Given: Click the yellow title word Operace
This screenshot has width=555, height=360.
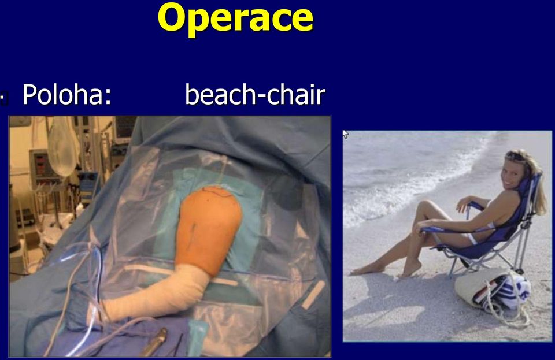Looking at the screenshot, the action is pyautogui.click(x=235, y=18).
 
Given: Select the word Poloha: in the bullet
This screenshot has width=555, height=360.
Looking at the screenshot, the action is pyautogui.click(x=67, y=95).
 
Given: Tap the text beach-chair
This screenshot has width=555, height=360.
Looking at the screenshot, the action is pyautogui.click(x=255, y=95).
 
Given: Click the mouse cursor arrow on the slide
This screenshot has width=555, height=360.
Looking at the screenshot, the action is pyautogui.click(x=346, y=135).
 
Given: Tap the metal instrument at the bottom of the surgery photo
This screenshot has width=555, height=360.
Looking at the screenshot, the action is pyautogui.click(x=154, y=342).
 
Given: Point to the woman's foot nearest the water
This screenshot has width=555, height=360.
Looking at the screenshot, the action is pyautogui.click(x=367, y=270).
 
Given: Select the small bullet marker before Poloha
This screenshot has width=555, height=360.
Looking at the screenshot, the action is pyautogui.click(x=4, y=98).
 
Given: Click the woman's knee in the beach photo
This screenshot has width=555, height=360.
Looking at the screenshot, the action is pyautogui.click(x=424, y=206).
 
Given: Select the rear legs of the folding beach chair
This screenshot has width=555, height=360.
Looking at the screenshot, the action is pyautogui.click(x=520, y=247).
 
